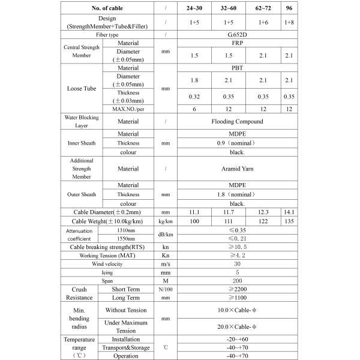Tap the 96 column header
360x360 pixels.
(290, 8)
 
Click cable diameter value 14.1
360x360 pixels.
(290, 212)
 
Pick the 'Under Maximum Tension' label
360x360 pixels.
(125, 326)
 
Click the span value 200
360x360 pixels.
(238, 280)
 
